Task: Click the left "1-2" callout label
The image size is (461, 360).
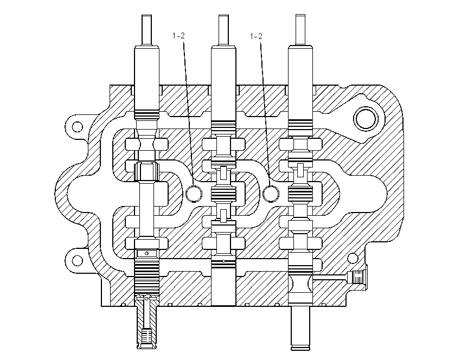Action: click(178, 36)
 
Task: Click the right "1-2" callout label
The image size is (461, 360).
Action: click(256, 36)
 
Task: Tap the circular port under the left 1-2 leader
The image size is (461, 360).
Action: click(194, 194)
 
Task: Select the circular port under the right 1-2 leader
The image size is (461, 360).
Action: click(271, 194)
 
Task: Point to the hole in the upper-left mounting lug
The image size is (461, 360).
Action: click(78, 127)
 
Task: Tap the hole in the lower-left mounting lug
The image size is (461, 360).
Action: click(78, 260)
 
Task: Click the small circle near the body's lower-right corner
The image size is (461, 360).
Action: click(353, 259)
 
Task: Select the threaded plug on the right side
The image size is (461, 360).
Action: click(356, 277)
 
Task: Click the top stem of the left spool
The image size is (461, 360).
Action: click(146, 30)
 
